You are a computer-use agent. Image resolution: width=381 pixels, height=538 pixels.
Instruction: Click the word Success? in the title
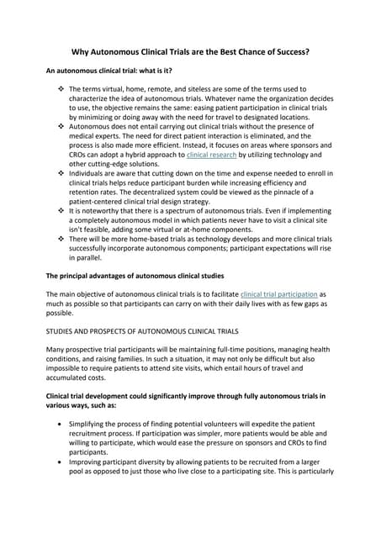point(287,52)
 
